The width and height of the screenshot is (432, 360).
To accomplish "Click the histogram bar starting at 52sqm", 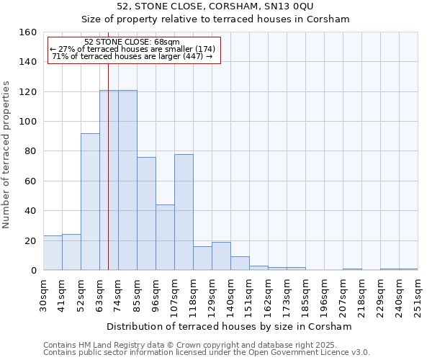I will [x=90, y=202].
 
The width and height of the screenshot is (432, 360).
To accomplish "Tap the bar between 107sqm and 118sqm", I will [x=184, y=212].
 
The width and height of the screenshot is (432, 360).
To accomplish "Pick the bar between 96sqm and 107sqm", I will [x=165, y=237].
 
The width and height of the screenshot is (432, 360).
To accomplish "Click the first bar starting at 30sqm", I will [x=53, y=253].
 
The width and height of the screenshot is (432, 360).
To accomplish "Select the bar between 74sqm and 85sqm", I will [x=127, y=180].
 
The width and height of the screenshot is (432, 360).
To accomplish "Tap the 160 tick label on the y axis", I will [x=27, y=32].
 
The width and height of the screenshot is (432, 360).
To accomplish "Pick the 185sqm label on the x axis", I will [x=305, y=294].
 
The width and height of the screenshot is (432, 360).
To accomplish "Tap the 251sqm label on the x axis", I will [x=418, y=294].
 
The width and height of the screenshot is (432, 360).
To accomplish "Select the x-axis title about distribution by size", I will [x=229, y=327].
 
